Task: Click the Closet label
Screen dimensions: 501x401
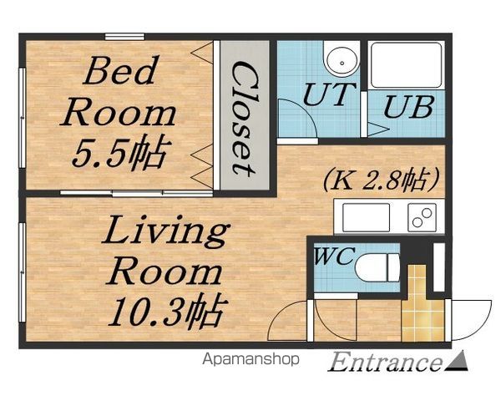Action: click(244, 119)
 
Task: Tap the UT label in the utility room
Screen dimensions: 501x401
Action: click(329, 94)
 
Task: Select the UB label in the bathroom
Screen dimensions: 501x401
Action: click(408, 106)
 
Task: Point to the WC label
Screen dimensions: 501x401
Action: click(334, 256)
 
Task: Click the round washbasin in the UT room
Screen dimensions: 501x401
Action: click(342, 62)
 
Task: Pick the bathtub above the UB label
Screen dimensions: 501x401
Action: click(406, 65)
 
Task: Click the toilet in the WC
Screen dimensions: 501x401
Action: click(377, 267)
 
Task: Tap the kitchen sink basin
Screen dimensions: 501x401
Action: click(367, 217)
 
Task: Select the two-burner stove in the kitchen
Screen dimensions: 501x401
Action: click(422, 217)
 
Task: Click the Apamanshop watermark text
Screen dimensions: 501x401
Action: click(250, 359)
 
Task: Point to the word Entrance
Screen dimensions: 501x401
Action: click(384, 362)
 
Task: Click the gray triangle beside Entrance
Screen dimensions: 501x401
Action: click(456, 362)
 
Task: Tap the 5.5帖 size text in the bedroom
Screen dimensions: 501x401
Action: click(119, 153)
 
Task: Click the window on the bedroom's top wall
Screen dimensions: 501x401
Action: click(125, 37)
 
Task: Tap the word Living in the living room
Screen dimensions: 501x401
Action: click(166, 232)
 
